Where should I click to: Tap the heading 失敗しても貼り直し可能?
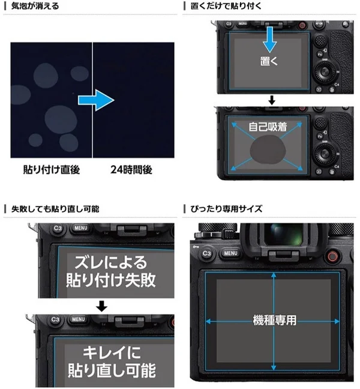click(x=52, y=209)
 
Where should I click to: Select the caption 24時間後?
click(x=131, y=170)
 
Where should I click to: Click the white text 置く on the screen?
click(x=270, y=62)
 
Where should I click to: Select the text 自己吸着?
click(x=269, y=127)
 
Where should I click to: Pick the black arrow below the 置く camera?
click(x=271, y=98)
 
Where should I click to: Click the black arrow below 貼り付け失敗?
click(x=101, y=306)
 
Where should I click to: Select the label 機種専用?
click(x=274, y=321)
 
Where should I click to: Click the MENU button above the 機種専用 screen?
click(x=230, y=253)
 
